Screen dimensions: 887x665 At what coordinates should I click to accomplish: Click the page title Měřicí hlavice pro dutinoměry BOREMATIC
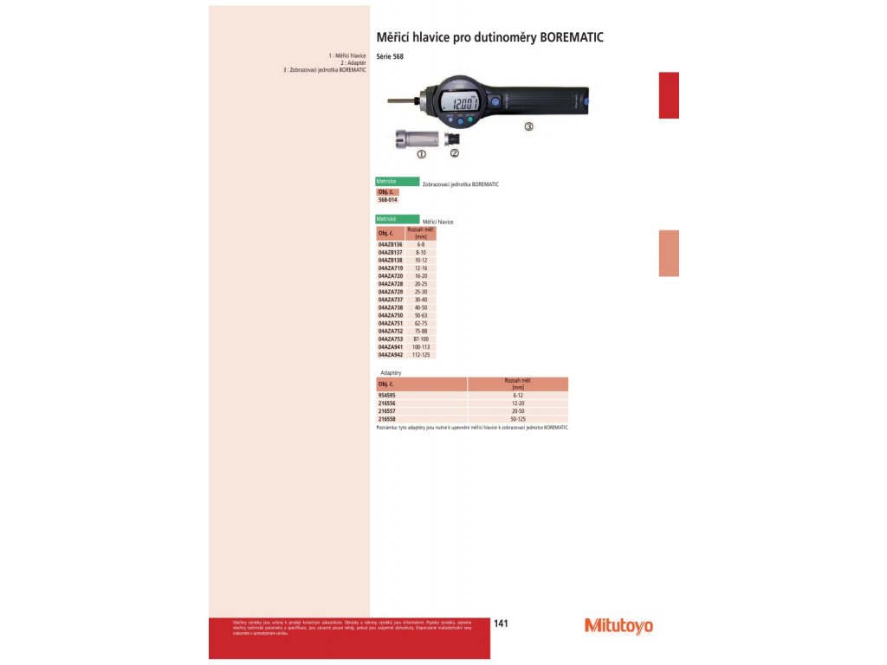click(489, 38)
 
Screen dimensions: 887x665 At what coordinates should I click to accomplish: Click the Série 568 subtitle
click(390, 57)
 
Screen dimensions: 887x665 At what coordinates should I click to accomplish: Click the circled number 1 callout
click(422, 154)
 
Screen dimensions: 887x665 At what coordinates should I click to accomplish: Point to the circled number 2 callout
click(455, 153)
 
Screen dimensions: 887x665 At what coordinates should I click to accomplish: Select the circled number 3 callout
click(528, 126)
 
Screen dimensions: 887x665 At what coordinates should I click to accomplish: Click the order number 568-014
click(387, 199)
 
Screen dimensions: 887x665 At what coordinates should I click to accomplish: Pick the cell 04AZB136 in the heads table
click(391, 245)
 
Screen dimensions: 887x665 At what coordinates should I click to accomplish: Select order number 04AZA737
click(391, 300)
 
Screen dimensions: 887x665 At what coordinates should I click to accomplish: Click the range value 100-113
click(421, 346)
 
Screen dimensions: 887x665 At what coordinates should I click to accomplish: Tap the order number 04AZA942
click(391, 354)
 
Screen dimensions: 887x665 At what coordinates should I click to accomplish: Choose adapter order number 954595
click(386, 395)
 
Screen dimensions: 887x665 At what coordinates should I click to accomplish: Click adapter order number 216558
click(386, 418)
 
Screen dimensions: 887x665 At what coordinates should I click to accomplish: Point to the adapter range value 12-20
click(518, 403)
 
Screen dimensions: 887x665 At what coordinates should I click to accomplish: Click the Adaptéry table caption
click(392, 372)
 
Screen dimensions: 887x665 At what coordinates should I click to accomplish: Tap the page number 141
click(501, 623)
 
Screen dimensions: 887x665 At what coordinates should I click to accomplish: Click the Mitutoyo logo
click(618, 625)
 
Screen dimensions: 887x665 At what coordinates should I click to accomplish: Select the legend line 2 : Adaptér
click(353, 62)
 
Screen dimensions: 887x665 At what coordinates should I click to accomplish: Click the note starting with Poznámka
click(472, 427)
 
